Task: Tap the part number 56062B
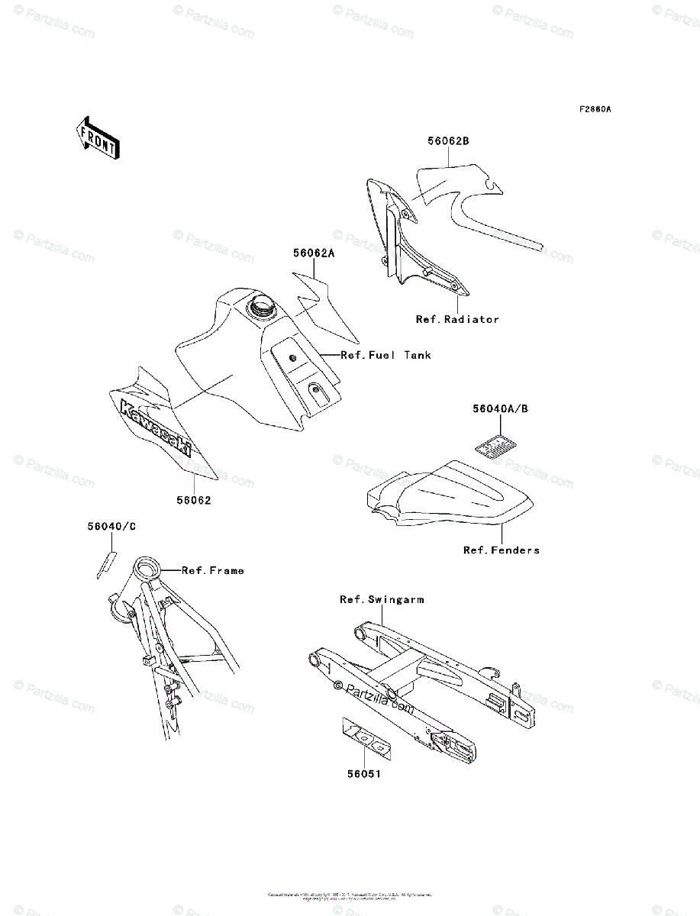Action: [448, 141]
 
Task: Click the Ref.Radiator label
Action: [456, 319]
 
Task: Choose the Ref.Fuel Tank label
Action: [385, 355]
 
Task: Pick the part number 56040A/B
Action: [499, 409]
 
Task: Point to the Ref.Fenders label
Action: [501, 550]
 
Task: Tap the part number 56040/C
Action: [111, 526]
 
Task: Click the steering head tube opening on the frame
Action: [148, 568]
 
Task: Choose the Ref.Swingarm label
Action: [382, 599]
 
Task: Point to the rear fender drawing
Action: [450, 495]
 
